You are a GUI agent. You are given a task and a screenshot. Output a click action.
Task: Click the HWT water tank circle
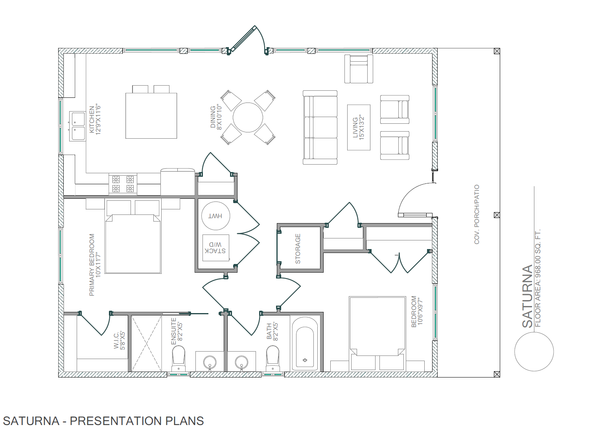point(215,216)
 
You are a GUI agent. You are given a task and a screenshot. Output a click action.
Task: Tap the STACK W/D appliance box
point(215,248)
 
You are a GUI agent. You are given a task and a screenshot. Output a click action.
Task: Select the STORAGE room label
point(298,249)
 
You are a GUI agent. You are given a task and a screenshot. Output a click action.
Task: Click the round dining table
point(248,117)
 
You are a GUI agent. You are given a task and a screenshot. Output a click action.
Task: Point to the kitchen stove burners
point(123,184)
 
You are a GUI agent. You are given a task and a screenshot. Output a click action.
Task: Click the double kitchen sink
point(77,126)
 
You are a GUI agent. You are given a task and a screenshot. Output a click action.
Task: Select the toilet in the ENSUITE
point(179,359)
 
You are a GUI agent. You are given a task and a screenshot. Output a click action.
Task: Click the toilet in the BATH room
point(272,359)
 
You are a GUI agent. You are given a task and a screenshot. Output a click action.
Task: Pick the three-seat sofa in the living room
point(320,128)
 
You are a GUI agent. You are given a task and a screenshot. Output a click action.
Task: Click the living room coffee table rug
point(359,128)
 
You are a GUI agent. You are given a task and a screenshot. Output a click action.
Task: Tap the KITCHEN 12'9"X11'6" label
point(95,120)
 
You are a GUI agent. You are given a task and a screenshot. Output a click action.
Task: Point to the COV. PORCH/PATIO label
point(477,214)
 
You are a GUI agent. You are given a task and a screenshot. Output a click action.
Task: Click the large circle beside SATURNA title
point(534,351)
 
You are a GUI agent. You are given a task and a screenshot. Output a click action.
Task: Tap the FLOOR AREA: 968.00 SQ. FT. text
point(538,278)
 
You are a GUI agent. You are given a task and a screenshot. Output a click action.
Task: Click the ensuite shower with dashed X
point(147,343)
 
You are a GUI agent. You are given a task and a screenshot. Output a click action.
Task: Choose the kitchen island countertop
point(151,116)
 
